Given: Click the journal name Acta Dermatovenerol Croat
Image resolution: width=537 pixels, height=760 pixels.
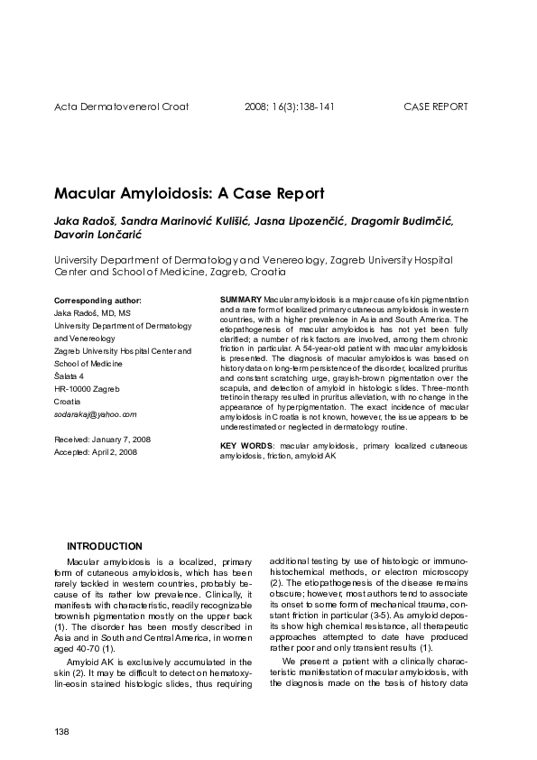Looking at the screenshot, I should pos(121,107).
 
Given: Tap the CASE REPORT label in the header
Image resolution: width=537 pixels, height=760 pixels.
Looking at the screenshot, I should pos(435,107).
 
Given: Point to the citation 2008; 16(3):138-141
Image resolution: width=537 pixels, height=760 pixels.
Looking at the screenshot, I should pos(290,107).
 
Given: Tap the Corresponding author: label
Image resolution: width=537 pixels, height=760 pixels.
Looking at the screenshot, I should pos(97,299).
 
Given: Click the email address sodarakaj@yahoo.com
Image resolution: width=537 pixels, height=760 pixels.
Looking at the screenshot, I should pos(96,413).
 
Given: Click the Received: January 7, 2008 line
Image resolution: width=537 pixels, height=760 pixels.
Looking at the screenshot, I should pos(102,439).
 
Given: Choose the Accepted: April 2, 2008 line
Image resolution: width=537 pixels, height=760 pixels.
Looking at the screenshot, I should pos(96,451).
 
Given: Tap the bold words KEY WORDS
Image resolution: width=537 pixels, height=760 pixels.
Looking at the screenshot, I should pos(247,446).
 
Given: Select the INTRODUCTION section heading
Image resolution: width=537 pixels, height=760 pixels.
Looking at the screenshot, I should pos(105,546).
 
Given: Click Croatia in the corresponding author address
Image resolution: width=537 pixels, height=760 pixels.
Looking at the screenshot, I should pos(67,401).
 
